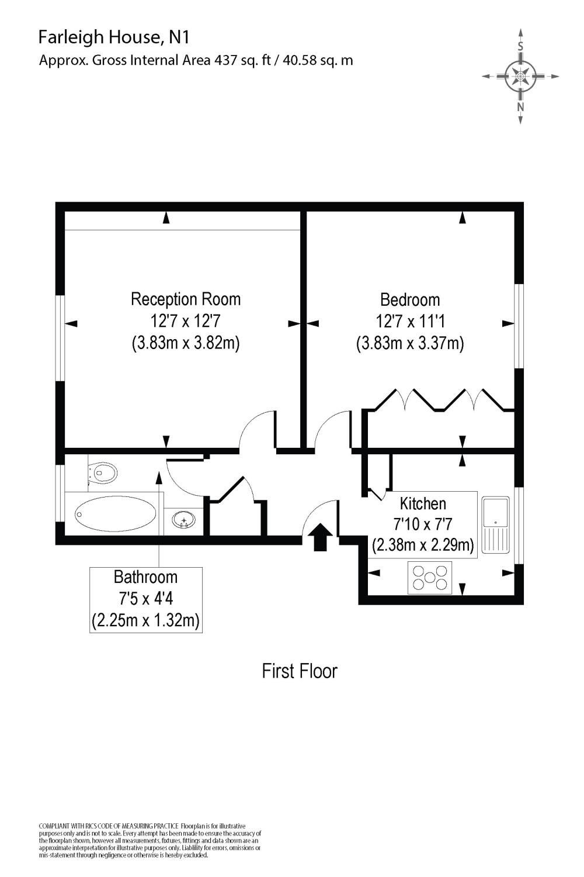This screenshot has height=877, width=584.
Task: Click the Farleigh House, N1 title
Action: click(114, 37)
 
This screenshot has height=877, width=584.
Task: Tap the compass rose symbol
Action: click(520, 76)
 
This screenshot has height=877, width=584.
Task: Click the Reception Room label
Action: click(186, 299)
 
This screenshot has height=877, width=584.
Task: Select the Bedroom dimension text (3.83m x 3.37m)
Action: click(410, 343)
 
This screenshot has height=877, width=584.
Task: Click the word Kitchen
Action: click(423, 503)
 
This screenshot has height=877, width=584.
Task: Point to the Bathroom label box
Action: click(145, 599)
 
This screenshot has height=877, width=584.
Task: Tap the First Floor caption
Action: click(300, 671)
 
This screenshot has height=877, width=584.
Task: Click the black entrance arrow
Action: click(319, 537)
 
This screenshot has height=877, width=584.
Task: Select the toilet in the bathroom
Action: click(103, 472)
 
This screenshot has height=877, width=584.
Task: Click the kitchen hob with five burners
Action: click(430, 577)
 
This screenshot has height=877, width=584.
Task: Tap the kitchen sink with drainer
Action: click(495, 524)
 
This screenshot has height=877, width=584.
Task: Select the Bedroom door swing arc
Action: click(331, 431)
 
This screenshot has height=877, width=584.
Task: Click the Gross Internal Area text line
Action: click(196, 60)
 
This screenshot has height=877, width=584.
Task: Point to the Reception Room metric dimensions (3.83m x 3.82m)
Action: click(186, 343)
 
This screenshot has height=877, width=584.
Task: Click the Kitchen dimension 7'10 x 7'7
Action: click(423, 524)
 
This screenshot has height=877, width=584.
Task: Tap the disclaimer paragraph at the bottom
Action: click(150, 840)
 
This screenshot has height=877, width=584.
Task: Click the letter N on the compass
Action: click(520, 107)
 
